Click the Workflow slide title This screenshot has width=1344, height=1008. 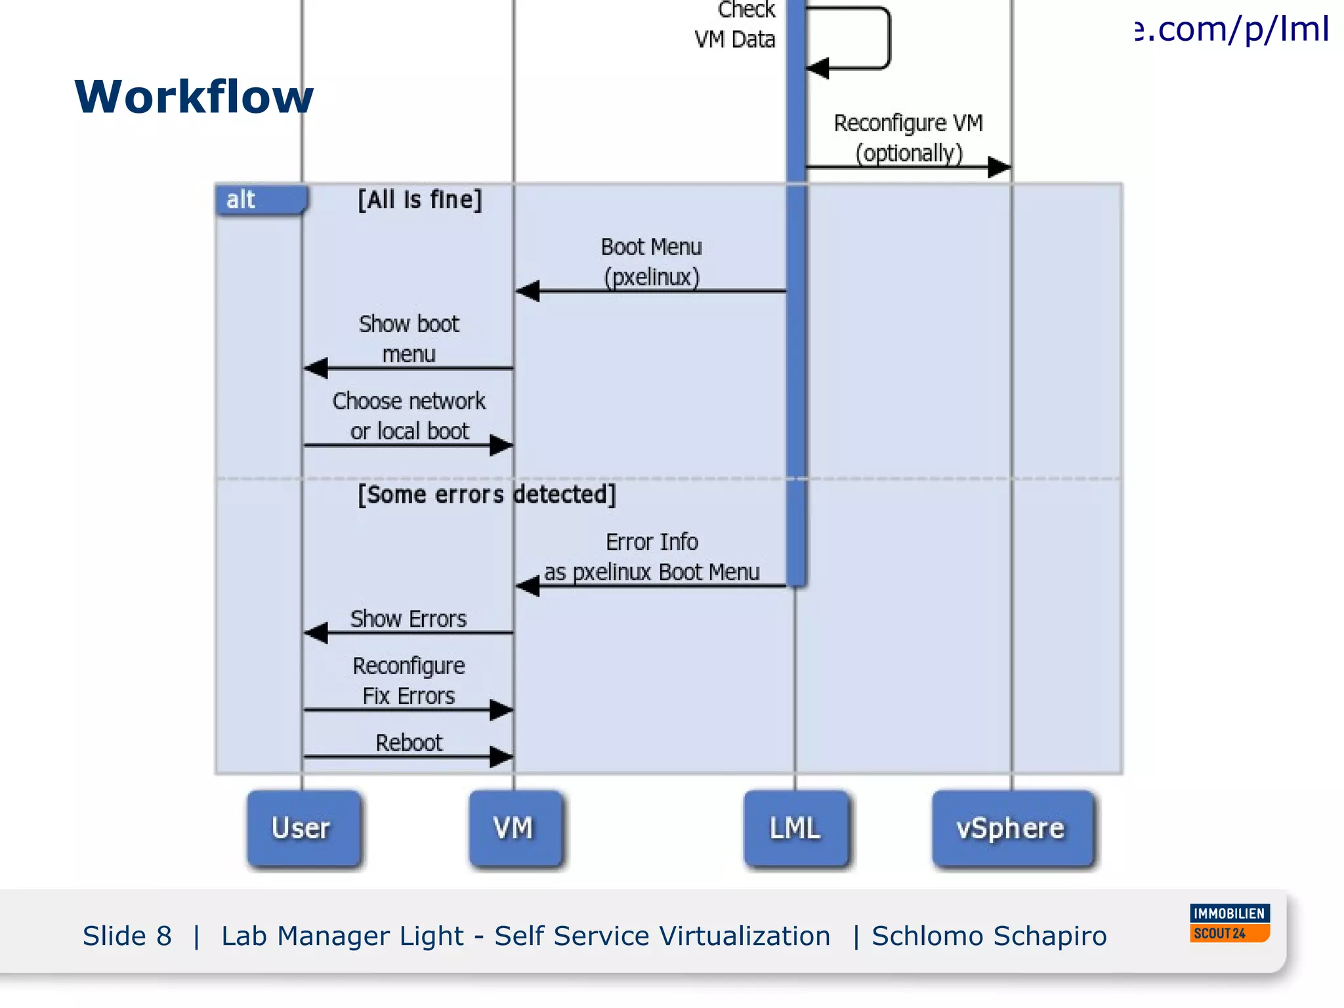[x=194, y=97]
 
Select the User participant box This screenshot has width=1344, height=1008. [x=303, y=829]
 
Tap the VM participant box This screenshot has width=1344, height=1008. [x=514, y=829]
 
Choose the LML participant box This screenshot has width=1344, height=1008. [x=795, y=829]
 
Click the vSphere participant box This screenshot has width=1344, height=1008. [x=1011, y=829]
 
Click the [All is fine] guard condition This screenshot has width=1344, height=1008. [x=420, y=199]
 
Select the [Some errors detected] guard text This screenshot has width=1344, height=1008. [x=486, y=494]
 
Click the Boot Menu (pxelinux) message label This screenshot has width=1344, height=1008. [x=652, y=262]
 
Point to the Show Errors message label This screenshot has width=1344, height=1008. [x=408, y=619]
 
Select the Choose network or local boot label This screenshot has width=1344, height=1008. [x=409, y=415]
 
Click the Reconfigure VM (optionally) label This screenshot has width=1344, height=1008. [x=909, y=138]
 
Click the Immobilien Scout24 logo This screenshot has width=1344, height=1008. [x=1229, y=923]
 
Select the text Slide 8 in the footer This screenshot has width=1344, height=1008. [x=127, y=936]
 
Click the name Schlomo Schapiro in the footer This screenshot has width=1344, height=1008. [x=989, y=936]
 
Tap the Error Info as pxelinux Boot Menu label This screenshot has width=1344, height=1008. [x=652, y=557]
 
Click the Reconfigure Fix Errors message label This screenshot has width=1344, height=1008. [x=408, y=681]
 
